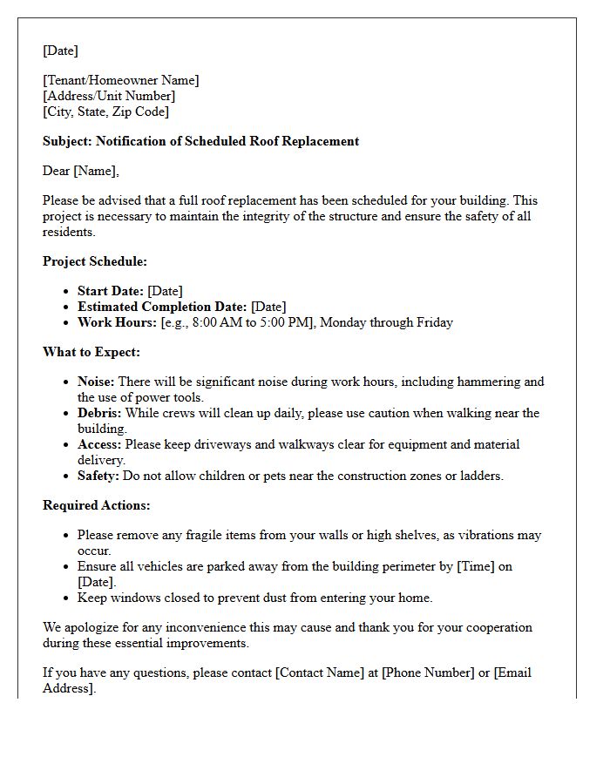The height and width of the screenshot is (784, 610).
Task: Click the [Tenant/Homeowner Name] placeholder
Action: [x=121, y=80]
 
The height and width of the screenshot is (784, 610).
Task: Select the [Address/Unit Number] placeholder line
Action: [x=109, y=96]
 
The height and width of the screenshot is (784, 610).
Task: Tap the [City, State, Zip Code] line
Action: [x=106, y=112]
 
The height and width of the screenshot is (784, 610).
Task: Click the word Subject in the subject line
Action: [x=66, y=141]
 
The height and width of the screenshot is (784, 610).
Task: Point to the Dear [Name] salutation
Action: [x=81, y=171]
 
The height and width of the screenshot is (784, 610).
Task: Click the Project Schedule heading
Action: [x=95, y=261]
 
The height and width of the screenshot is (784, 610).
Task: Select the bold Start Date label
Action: [x=111, y=291]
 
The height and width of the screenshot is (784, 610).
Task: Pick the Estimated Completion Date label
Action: [x=162, y=307]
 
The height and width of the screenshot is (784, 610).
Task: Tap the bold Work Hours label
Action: [x=118, y=322]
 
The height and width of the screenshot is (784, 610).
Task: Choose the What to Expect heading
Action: [x=91, y=352]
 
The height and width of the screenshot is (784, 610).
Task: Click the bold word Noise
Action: [x=96, y=382]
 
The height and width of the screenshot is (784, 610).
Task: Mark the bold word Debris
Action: [x=99, y=413]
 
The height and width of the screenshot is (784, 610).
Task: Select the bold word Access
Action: [x=99, y=444]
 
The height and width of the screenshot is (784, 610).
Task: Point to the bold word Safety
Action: [x=98, y=476]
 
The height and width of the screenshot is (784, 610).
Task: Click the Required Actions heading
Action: [x=97, y=505]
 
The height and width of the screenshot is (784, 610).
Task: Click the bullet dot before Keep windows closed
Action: [x=66, y=598]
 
